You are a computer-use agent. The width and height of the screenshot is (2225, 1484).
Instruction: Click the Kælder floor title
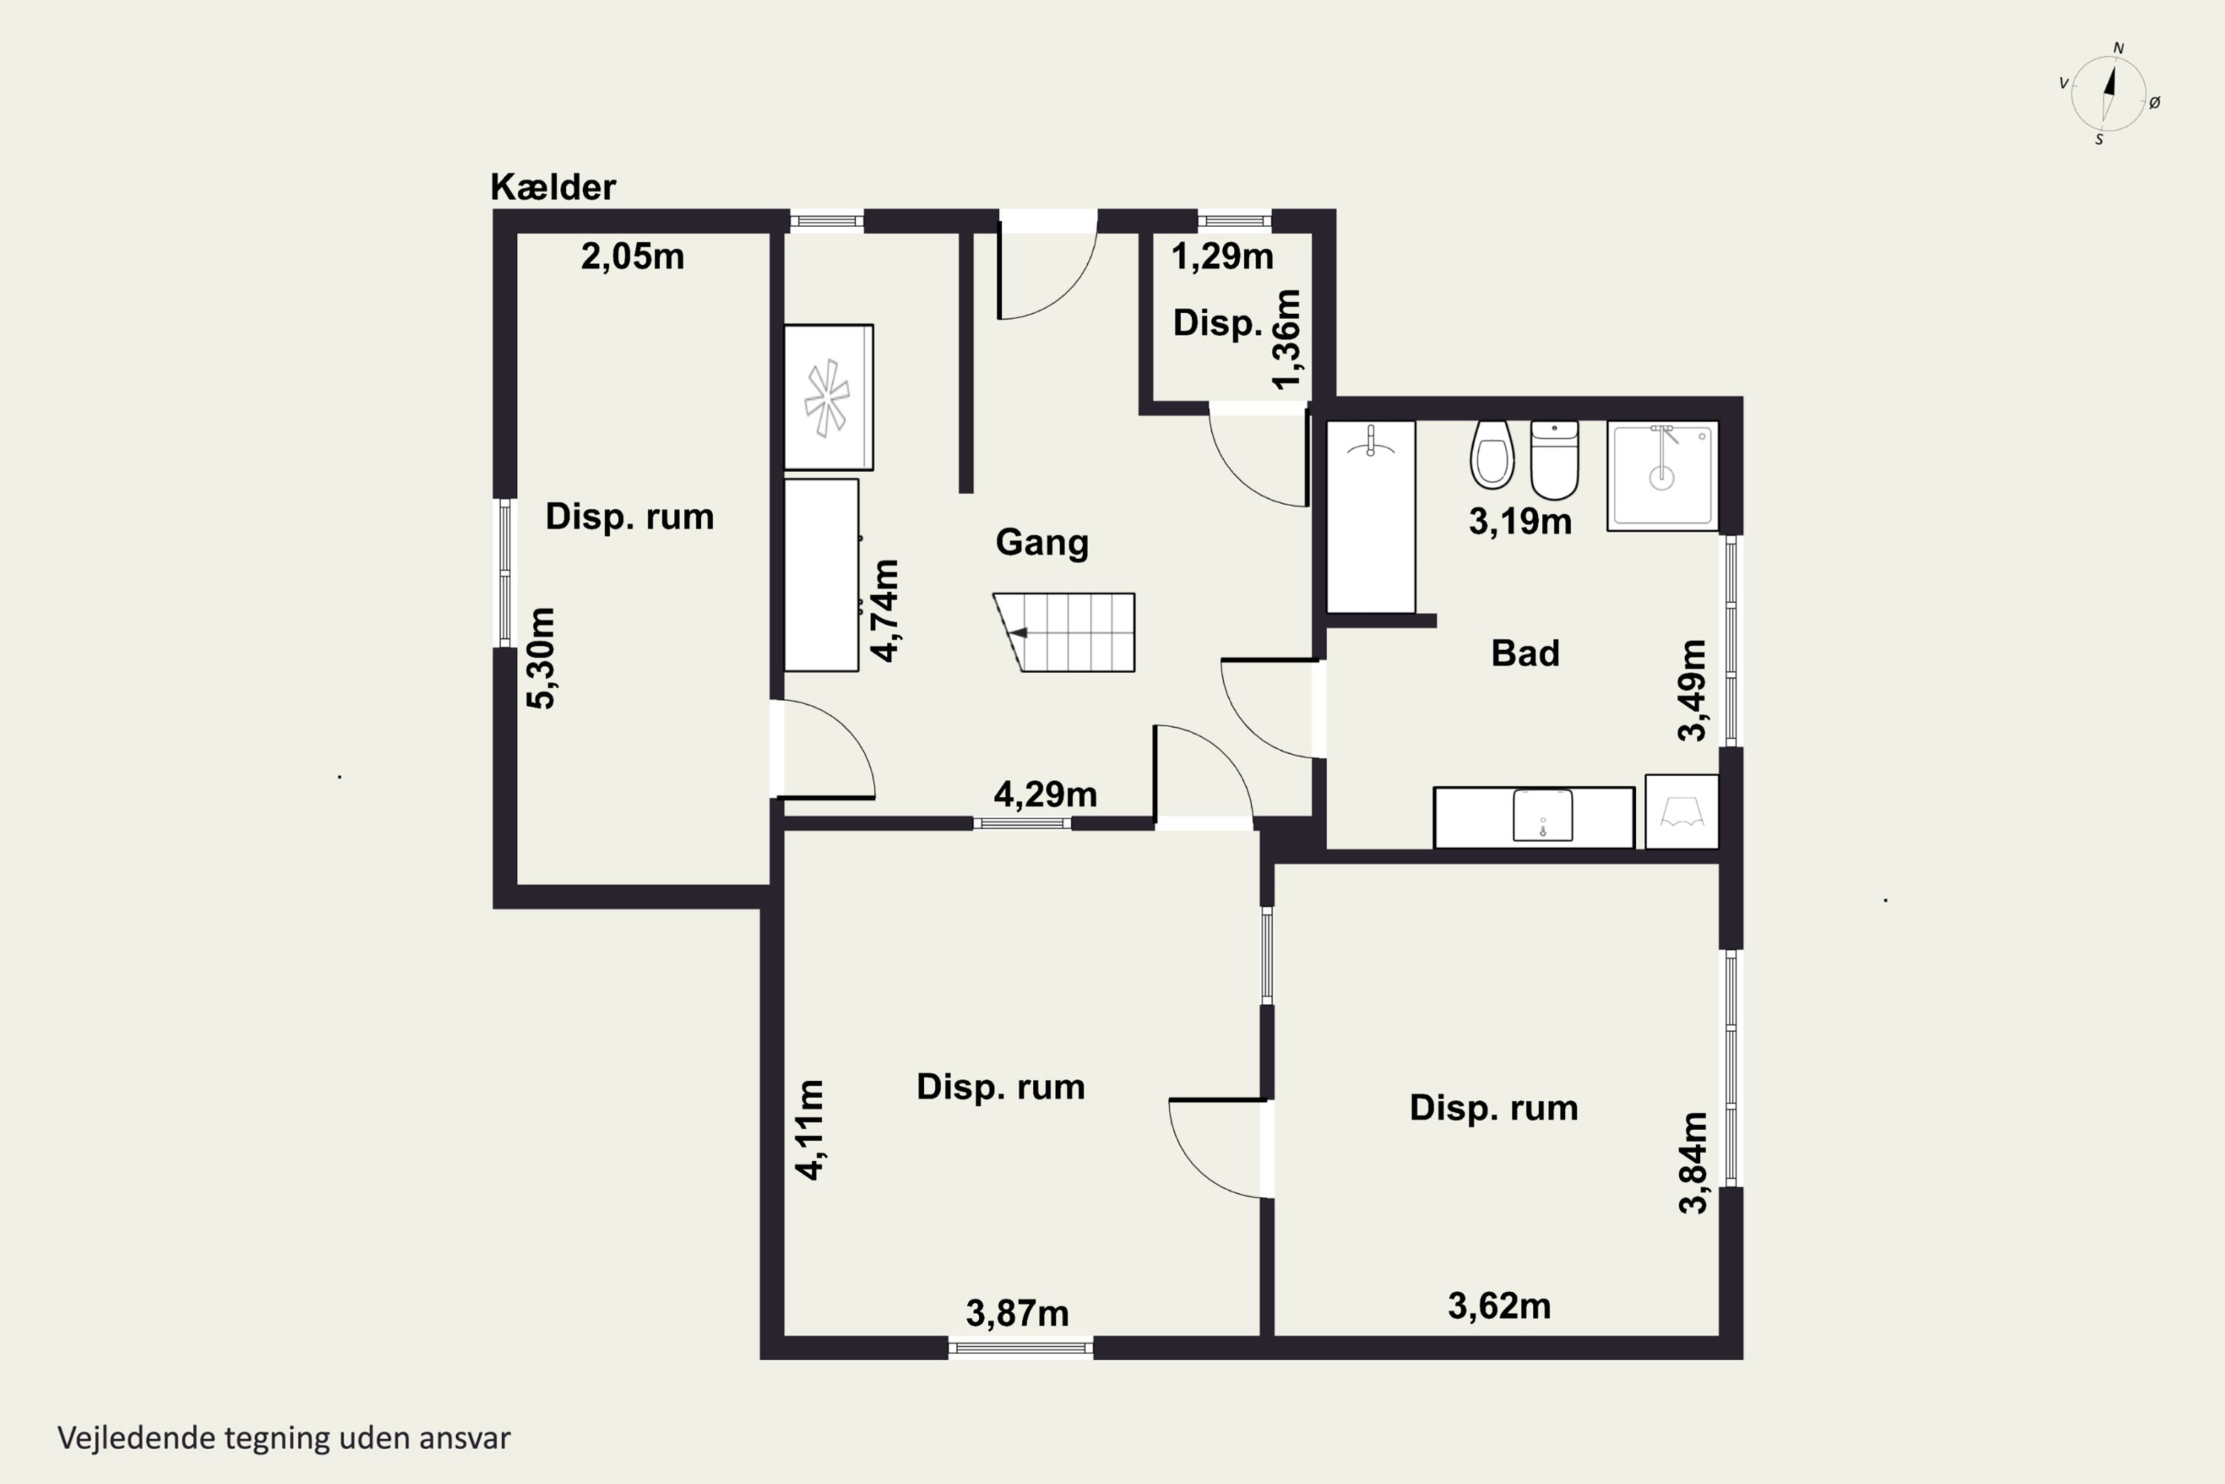click(x=553, y=188)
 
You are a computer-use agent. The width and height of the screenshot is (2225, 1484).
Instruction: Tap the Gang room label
click(x=1041, y=543)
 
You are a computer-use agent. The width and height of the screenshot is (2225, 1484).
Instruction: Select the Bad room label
click(x=1525, y=653)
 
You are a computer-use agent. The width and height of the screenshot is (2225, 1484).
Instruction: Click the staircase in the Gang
click(x=1064, y=632)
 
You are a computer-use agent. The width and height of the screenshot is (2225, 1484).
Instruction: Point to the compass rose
click(x=2109, y=93)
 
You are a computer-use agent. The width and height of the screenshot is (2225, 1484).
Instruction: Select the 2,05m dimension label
click(x=632, y=257)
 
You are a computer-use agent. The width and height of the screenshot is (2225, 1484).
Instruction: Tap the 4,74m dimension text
click(x=886, y=611)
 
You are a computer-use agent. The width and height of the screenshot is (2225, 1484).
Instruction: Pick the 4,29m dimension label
click(x=1045, y=794)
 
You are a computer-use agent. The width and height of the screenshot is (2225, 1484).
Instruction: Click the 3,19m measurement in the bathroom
click(x=1520, y=522)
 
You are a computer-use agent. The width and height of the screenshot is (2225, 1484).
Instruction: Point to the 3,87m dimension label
click(x=1017, y=1313)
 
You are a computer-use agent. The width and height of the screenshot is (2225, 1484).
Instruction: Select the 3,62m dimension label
click(x=1500, y=1306)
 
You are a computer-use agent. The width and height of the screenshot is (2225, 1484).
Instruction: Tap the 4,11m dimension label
click(x=810, y=1130)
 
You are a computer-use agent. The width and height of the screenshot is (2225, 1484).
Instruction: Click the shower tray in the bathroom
click(x=1662, y=475)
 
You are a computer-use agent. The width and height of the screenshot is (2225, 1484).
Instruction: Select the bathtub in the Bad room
click(x=1371, y=516)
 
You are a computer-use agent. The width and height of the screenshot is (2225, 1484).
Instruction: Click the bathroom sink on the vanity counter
click(x=1543, y=815)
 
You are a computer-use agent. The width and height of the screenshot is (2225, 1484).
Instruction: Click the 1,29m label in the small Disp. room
click(x=1222, y=257)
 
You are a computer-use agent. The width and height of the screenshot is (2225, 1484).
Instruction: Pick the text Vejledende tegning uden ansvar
click(x=284, y=1438)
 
